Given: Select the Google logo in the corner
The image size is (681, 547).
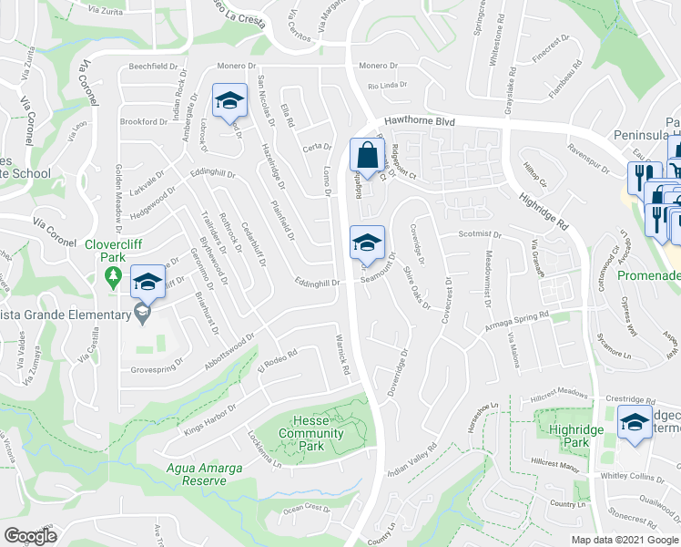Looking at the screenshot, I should (x=31, y=536).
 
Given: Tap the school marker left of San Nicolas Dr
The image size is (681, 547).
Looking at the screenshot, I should (x=229, y=100).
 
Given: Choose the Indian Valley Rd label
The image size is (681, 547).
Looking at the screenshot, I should (x=412, y=459).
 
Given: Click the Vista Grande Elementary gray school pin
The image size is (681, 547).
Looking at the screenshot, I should (x=141, y=315).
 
